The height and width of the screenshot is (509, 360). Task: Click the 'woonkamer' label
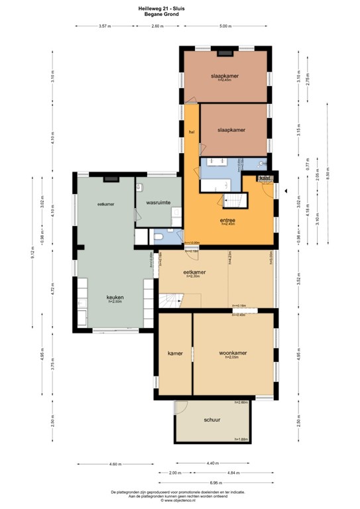coord(233,353)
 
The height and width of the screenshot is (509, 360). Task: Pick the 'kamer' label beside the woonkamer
coord(175,353)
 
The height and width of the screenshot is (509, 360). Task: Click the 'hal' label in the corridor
coord(191,133)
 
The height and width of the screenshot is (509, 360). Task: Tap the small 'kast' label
coord(264,178)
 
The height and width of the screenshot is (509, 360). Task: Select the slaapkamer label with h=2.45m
coord(224,76)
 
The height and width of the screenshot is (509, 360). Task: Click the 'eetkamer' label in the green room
coord(105,204)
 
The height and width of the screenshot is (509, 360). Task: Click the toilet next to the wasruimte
coord(159,236)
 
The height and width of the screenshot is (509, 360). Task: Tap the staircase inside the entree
coord(235,200)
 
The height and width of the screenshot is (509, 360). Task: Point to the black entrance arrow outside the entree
coord(285,191)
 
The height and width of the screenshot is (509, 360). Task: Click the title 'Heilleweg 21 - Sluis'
coord(180,6)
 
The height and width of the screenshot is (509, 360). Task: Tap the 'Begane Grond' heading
coord(180,13)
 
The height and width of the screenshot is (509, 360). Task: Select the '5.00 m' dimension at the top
coord(225,26)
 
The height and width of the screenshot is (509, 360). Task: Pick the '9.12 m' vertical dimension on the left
coord(32,254)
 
